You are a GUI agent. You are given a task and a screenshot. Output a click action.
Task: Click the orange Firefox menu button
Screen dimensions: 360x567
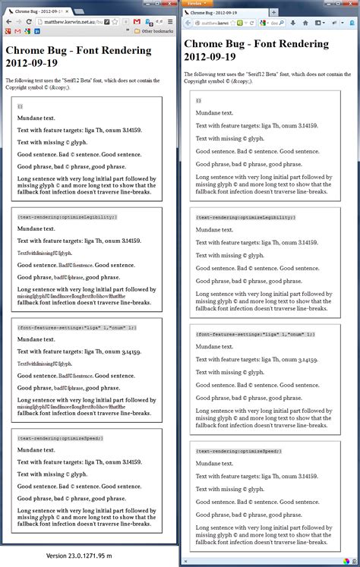pyautogui.click(x=194, y=3)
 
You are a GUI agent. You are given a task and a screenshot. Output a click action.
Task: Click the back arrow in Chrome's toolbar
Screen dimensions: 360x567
pyautogui.click(x=7, y=21)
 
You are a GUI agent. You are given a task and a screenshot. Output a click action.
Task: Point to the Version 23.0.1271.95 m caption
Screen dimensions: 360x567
pyautogui.click(x=90, y=556)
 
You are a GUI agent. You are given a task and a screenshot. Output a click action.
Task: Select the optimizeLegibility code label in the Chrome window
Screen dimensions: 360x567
pyautogui.click(x=67, y=217)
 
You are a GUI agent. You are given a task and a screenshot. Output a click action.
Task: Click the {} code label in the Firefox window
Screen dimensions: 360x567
pyautogui.click(x=199, y=100)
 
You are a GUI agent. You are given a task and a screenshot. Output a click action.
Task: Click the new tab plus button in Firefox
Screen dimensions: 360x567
pyautogui.click(x=284, y=13)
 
